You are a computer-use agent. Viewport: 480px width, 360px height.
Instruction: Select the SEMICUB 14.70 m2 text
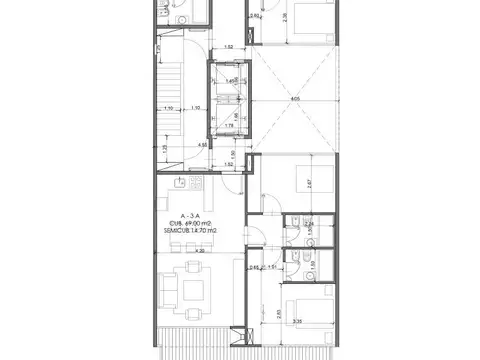pyautogui.click(x=191, y=230)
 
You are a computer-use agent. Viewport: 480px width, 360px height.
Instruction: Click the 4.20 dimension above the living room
pyautogui.click(x=200, y=250)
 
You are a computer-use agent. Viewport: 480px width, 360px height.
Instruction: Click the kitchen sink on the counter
pyautogui.click(x=178, y=183)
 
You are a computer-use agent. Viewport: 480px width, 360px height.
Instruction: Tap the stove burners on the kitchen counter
pyautogui.click(x=196, y=183)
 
